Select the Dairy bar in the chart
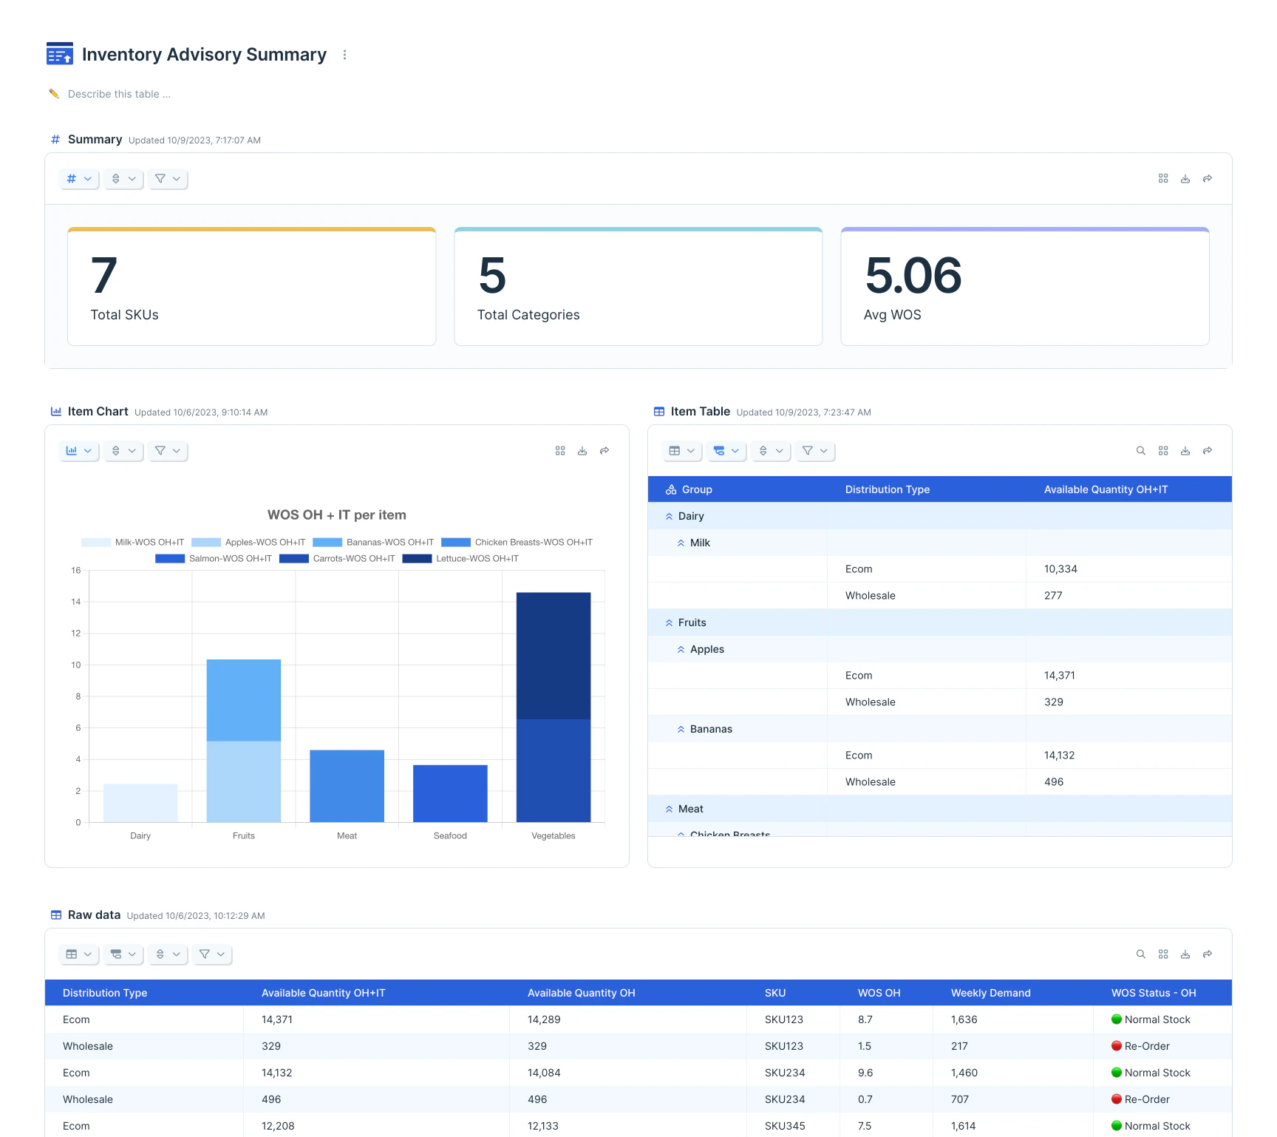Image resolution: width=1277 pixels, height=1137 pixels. click(140, 803)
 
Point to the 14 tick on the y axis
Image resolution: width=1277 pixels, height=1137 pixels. click(76, 602)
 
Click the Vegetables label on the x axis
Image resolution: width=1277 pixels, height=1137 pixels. click(553, 836)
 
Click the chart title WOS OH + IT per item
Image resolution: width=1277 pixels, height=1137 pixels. click(336, 515)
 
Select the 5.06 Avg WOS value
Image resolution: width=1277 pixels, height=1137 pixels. click(913, 276)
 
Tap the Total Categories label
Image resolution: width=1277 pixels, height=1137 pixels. click(528, 315)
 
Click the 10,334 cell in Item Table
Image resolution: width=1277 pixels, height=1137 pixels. click(1060, 569)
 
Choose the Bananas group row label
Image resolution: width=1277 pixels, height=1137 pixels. click(711, 729)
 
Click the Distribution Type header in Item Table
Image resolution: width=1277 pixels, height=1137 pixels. click(887, 489)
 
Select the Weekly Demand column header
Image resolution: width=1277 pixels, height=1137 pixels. click(990, 993)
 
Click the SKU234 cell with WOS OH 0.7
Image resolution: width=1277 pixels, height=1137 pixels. click(785, 1099)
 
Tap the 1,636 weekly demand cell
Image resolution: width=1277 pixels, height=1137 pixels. click(964, 1019)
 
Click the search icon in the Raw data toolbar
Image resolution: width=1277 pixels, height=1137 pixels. click(1140, 954)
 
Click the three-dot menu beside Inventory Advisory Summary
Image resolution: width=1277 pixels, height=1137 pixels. click(344, 55)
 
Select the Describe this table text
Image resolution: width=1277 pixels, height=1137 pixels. click(119, 94)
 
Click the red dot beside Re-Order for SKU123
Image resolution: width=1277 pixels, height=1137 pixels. click(1117, 1046)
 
